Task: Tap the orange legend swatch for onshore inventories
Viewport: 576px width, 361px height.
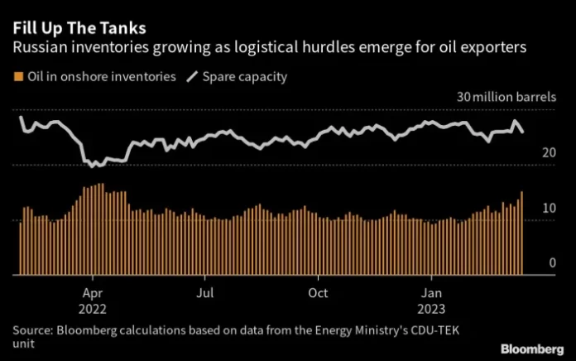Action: [17, 77]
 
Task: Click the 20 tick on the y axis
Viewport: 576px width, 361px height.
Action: [548, 153]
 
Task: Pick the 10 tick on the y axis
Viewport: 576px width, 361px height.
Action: [548, 209]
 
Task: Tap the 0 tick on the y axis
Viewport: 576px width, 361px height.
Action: [551, 262]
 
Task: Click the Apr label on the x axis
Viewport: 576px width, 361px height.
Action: [93, 293]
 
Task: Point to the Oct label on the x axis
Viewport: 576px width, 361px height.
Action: [318, 293]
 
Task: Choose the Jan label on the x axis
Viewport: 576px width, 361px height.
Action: [430, 293]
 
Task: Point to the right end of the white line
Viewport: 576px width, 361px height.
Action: [522, 131]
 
